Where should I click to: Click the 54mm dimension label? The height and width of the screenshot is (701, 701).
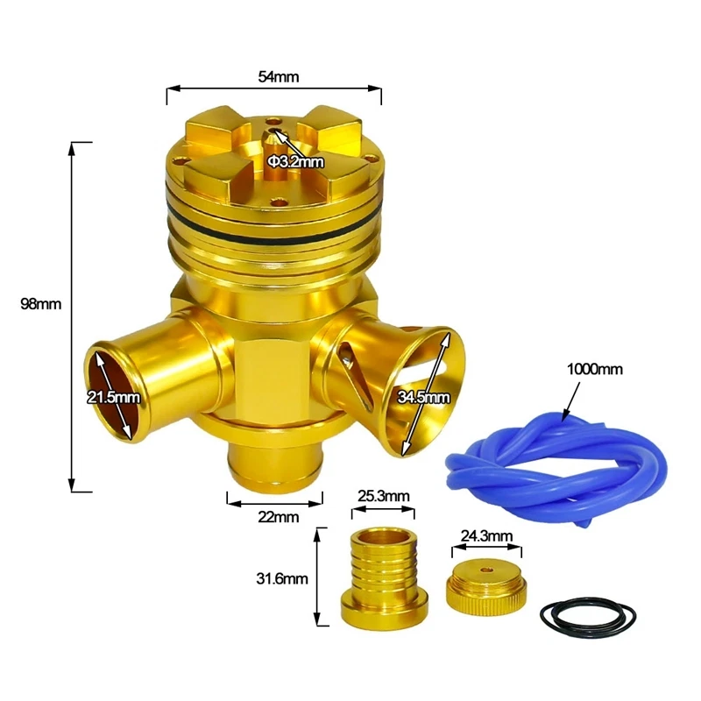click(x=278, y=77)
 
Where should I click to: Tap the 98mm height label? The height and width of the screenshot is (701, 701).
click(x=40, y=304)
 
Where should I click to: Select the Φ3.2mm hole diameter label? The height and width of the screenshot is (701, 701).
click(x=295, y=161)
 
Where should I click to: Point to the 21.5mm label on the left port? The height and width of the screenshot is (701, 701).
click(x=113, y=397)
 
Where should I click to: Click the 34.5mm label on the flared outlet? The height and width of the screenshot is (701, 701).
click(x=424, y=397)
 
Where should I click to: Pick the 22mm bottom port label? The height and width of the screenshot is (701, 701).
click(x=278, y=517)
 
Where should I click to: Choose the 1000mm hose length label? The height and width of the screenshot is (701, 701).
click(x=595, y=369)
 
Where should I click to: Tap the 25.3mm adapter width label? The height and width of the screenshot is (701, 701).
click(x=384, y=496)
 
